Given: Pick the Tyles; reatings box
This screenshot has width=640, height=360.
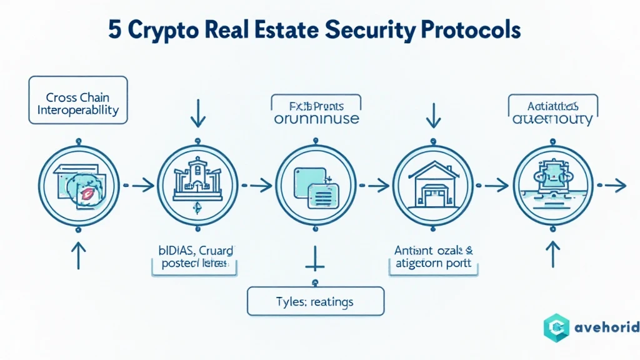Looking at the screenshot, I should coord(316,302).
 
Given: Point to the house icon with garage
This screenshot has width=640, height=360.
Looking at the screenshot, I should coord(433,186).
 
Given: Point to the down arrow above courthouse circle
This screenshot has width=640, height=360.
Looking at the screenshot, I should coord(197,112).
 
